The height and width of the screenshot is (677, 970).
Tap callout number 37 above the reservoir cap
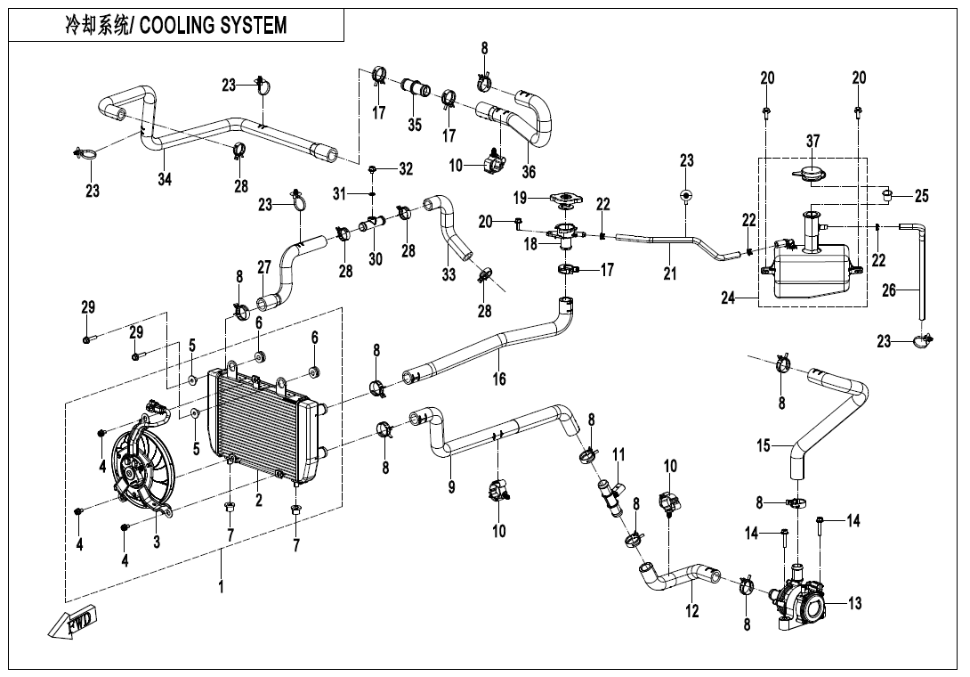click(812, 142)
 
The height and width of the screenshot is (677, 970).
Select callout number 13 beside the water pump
click(854, 604)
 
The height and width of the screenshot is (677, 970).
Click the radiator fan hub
click(133, 471)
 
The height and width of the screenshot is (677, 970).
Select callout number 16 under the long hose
click(499, 379)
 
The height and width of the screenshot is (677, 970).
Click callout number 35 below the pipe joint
click(415, 125)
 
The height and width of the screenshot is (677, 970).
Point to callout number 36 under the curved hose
click(529, 172)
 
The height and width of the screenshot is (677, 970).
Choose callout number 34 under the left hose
click(165, 179)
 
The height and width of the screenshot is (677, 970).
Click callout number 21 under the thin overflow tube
click(670, 274)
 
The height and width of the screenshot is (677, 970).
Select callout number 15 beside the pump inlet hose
click(764, 445)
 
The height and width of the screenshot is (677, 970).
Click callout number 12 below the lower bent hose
click(692, 611)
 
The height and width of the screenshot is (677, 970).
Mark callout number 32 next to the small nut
click(406, 168)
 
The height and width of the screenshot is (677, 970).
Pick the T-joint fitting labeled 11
click(611, 493)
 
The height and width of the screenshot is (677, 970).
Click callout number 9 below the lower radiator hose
click(451, 487)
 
